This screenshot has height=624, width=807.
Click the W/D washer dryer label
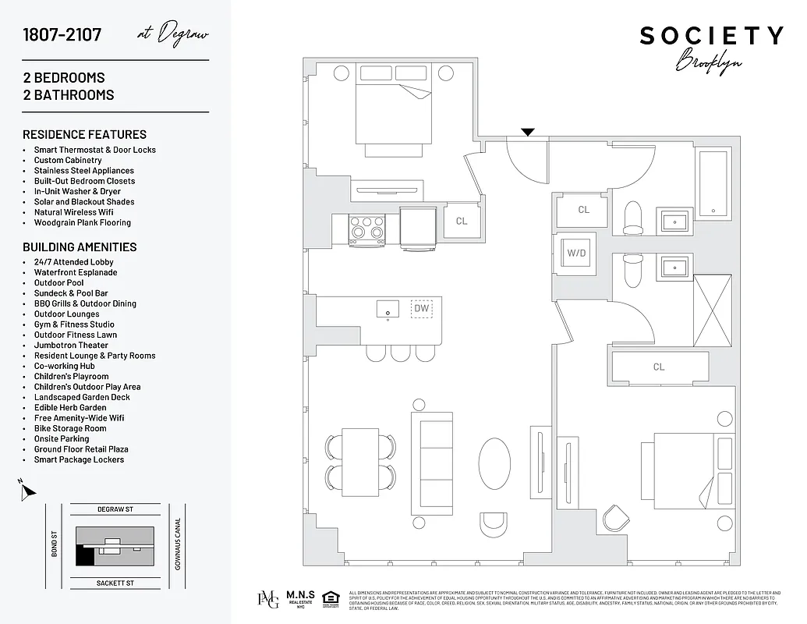pos(576,253)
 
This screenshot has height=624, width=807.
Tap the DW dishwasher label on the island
pos(422,308)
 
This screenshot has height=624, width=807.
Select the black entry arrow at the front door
pos(528,132)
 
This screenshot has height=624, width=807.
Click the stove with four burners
pos(367,227)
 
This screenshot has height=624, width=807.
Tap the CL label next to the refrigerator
pos(462,221)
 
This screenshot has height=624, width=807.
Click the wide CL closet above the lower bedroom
pos(659,367)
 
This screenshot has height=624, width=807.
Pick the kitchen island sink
pos(388,310)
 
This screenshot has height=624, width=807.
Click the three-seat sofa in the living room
pos(432,463)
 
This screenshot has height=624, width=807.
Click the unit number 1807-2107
pos(62,35)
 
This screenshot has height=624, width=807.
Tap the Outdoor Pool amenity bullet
pos(59,283)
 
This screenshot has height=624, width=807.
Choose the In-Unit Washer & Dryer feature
pos(77,191)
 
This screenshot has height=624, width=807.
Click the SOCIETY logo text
pos(711,36)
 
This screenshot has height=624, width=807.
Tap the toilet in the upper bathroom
pos(632,217)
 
